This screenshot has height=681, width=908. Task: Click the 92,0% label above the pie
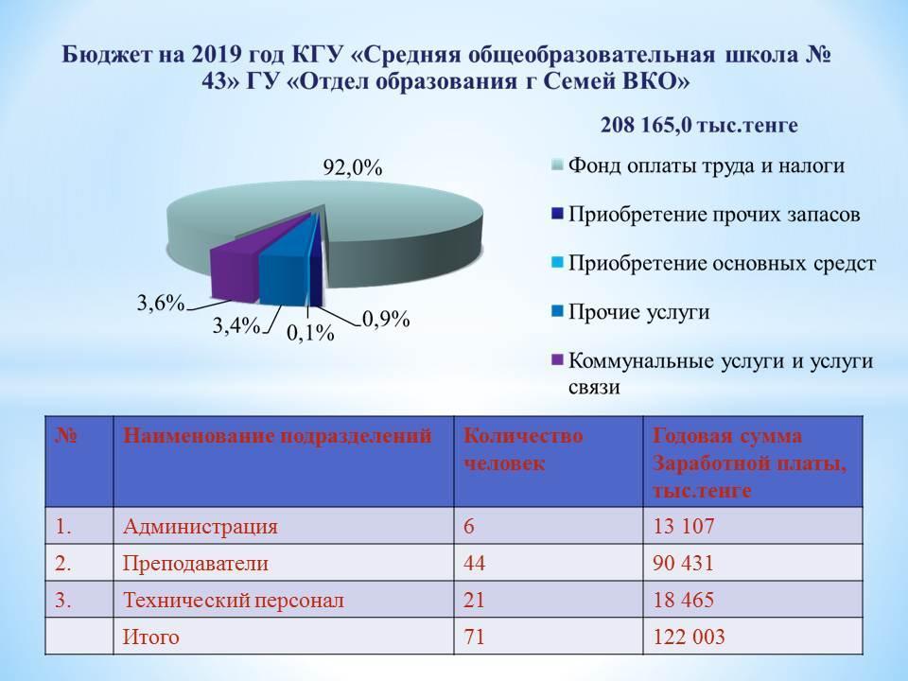point(353,168)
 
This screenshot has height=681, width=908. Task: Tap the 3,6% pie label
point(161,303)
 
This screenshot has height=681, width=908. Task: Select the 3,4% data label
point(236,326)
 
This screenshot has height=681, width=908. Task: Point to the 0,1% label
point(310,333)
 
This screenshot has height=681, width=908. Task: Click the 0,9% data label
point(386,319)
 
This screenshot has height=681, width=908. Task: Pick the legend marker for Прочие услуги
point(557,311)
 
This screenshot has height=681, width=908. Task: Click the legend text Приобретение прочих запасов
point(714,215)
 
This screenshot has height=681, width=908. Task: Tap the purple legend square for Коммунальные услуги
point(557,360)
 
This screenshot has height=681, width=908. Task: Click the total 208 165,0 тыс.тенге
point(699,125)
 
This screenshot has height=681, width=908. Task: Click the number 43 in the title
point(214,81)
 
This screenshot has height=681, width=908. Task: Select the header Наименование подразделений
point(277,435)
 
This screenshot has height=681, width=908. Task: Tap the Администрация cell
point(201,527)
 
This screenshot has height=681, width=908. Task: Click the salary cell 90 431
point(683,563)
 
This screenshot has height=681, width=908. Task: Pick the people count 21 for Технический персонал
point(474,600)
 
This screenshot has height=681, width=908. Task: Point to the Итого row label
point(150,637)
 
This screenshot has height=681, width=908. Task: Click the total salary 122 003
point(689,637)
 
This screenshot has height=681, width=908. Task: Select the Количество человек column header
point(523,449)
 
